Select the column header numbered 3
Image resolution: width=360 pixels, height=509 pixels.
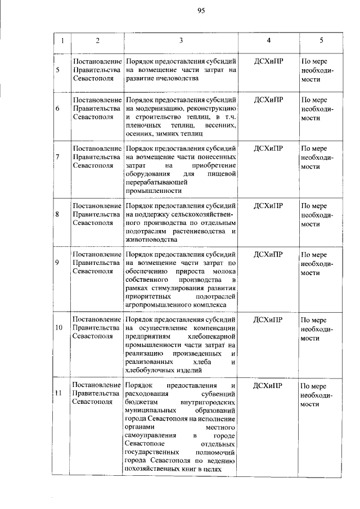(x=181, y=40)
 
